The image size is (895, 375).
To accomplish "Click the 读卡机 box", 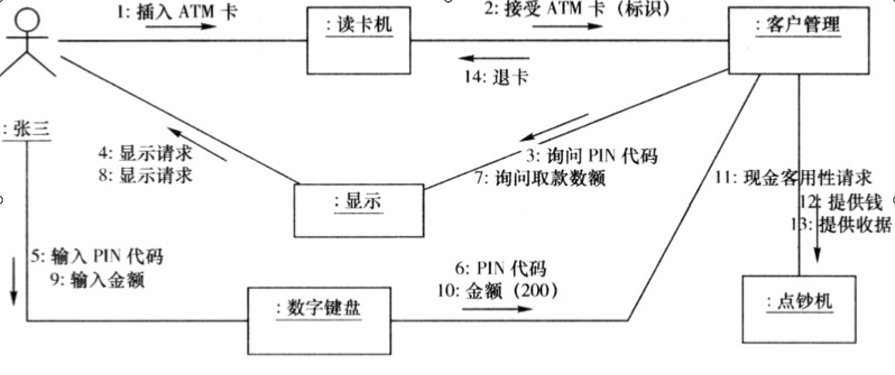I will tap(359, 40).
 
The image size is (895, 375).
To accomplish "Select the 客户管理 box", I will tap(798, 40).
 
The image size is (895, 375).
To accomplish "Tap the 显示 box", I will tap(359, 211).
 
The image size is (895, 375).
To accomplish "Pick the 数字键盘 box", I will tap(319, 320).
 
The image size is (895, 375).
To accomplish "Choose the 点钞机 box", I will tap(799, 309).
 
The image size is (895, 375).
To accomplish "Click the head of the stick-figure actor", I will tap(27, 21).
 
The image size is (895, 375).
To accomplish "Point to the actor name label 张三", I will tap(27, 129).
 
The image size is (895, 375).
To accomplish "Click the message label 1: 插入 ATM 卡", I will tap(177, 11).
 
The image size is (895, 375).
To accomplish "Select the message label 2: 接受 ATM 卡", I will tap(577, 9).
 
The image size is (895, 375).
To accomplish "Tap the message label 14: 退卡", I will tap(496, 77).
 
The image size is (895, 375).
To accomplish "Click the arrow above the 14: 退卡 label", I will tap(494, 58).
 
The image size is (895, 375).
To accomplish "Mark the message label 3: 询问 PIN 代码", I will tap(592, 156).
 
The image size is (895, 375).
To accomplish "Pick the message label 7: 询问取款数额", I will tap(540, 178).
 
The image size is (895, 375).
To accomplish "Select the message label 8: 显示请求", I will tap(145, 175).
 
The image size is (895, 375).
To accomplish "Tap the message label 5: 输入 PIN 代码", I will tap(97, 256).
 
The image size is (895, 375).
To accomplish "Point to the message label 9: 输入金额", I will tap(98, 279).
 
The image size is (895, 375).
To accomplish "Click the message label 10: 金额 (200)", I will tap(497, 290).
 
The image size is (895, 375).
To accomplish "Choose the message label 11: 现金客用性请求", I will tap(793, 178).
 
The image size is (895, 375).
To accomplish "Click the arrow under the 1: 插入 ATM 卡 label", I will tap(181, 26).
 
